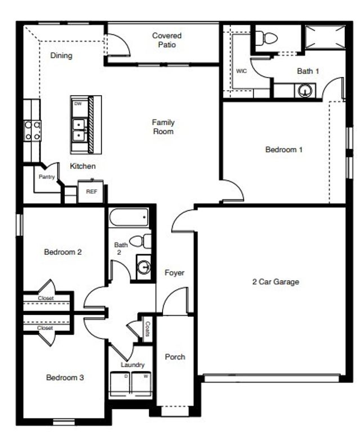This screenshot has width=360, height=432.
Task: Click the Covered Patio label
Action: coord(166,40)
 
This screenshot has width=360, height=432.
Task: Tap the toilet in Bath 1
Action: coord(266,38)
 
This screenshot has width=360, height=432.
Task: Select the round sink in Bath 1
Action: coord(306,89)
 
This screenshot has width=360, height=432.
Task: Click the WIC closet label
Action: coord(241,71)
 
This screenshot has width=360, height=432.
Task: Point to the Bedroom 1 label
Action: coord(284,150)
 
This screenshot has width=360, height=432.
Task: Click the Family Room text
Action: coord(163,127)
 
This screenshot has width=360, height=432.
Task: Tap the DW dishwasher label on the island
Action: coord(78,103)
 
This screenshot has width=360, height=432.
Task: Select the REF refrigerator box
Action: coord(91,191)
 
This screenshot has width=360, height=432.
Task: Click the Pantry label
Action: coord(46,177)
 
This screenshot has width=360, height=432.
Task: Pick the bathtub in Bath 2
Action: coord(129,217)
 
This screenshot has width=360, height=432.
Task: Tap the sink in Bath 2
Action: coord(145,267)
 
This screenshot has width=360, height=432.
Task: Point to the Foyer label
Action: coord(174,273)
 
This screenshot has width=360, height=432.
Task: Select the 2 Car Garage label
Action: coord(275,282)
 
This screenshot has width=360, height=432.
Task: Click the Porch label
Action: coord(175,357)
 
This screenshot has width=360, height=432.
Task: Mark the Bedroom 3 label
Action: coord(65,377)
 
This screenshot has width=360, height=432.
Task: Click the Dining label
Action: coord(61,56)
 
